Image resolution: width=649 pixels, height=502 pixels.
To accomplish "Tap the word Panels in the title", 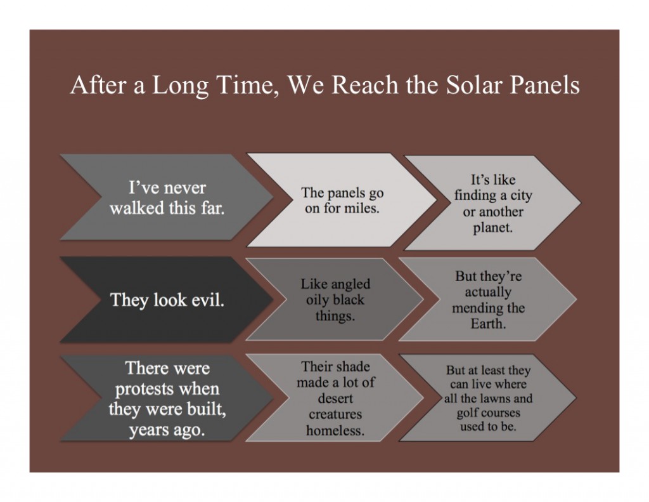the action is coord(544,85).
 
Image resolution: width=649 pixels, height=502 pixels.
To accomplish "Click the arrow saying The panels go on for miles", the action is coord(342,200).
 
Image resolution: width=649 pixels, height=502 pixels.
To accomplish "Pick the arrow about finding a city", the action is coord(492,203).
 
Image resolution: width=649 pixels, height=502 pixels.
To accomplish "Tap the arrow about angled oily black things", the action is coord(335,300).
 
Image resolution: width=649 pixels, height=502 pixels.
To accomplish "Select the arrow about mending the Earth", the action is coord(488,300).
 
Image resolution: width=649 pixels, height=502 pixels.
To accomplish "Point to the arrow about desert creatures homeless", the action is coord(335,397).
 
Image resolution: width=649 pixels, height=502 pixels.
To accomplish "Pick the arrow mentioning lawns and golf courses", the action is coord(488,397).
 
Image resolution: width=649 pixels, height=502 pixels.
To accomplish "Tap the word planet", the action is coord(492,228).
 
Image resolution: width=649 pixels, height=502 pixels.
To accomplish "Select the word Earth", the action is coord(489,323).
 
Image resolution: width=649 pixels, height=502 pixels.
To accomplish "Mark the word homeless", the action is coord(335,431).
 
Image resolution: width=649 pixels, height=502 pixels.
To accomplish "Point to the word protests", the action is coord(141,390).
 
